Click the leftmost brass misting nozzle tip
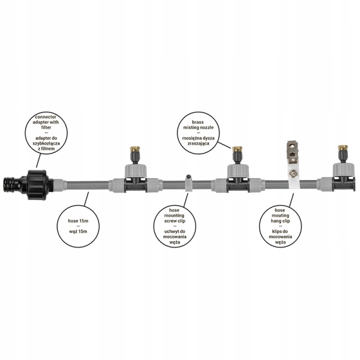coord(133,149)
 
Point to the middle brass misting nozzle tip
coord(236,149)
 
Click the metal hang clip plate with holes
coord(293,152)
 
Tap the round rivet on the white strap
coord(293,172)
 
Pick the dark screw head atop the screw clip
coord(188,177)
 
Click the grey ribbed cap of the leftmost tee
coord(136,171)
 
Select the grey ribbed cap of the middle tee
coord(238,171)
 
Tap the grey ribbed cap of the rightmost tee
coord(344,170)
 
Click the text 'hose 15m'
coord(78,221)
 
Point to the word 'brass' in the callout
coord(198,122)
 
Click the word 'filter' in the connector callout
coord(46,127)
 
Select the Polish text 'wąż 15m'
coord(78,231)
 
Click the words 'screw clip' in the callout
coord(175,221)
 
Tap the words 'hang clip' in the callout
coord(280,221)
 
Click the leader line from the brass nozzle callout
coord(224,145)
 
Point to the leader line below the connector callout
coord(39,160)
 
